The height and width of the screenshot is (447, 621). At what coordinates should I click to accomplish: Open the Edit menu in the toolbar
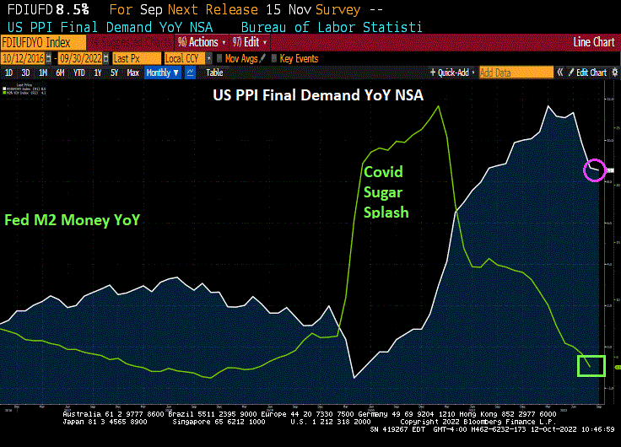(x=251, y=42)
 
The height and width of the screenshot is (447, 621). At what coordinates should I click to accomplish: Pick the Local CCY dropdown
(x=185, y=58)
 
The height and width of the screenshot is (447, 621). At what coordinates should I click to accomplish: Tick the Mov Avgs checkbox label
(x=240, y=58)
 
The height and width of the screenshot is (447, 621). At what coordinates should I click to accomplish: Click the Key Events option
(x=299, y=58)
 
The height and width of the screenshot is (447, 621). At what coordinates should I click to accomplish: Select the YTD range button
(x=79, y=73)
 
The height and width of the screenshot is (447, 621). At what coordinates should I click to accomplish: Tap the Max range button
(x=132, y=73)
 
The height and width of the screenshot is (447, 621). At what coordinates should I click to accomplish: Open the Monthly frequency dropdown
(x=163, y=73)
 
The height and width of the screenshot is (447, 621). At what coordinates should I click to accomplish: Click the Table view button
(x=214, y=73)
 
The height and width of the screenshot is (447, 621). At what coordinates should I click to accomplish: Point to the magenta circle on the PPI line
(x=595, y=169)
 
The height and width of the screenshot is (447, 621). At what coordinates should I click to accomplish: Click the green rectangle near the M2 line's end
(x=591, y=365)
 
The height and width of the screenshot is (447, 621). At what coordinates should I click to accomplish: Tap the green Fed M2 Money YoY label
(x=72, y=220)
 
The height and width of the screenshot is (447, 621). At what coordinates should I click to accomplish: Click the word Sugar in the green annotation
(x=384, y=192)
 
